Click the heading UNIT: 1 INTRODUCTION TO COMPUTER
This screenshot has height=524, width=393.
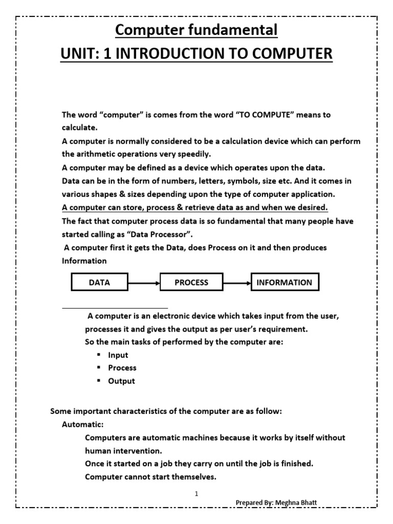click(x=196, y=53)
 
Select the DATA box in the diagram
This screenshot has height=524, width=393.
click(x=99, y=282)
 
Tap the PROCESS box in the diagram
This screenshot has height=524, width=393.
click(x=191, y=282)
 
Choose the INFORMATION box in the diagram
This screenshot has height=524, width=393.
click(x=284, y=282)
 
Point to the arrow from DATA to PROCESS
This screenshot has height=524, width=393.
click(x=144, y=282)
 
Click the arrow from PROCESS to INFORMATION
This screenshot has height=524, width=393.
click(x=236, y=282)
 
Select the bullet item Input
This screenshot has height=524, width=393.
click(x=118, y=355)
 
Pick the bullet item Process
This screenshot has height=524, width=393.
click(x=122, y=368)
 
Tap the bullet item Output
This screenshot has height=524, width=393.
click(x=121, y=381)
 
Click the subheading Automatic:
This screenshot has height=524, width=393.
click(x=83, y=424)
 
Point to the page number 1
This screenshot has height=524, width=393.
click(x=196, y=494)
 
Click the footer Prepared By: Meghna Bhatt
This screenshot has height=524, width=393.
click(x=276, y=503)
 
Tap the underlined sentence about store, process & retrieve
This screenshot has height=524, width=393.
click(x=194, y=207)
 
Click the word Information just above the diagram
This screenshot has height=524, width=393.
click(x=84, y=260)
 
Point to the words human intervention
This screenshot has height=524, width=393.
click(x=123, y=451)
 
